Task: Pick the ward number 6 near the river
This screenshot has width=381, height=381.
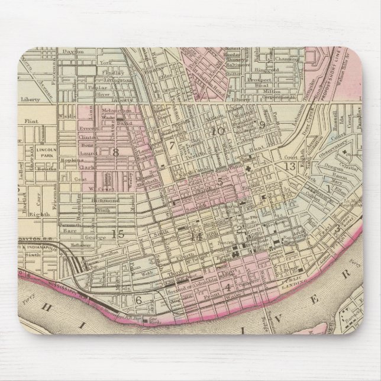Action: click(x=140, y=299)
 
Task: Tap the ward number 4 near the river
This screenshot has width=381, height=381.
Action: click(x=227, y=288)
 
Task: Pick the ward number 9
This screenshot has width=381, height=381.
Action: click(x=260, y=124)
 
